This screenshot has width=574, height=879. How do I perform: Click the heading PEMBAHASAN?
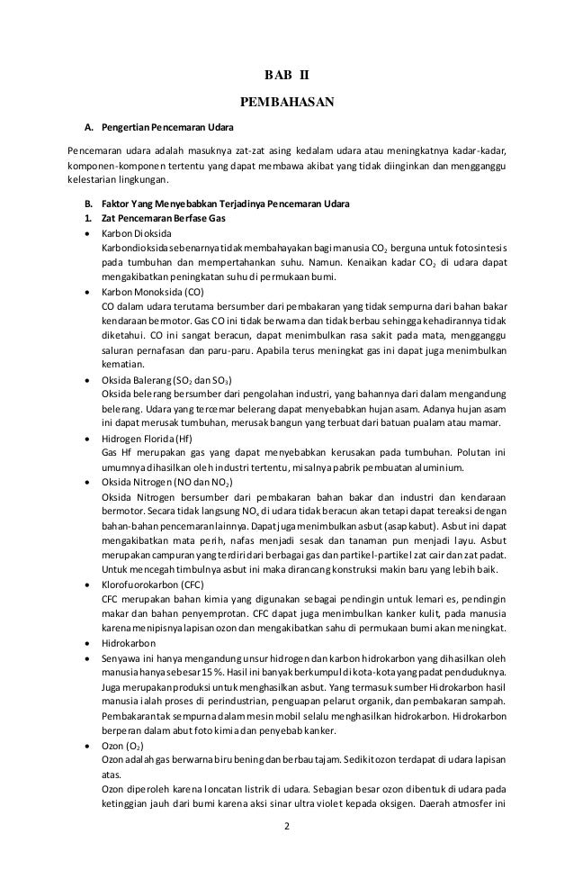click(x=286, y=103)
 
